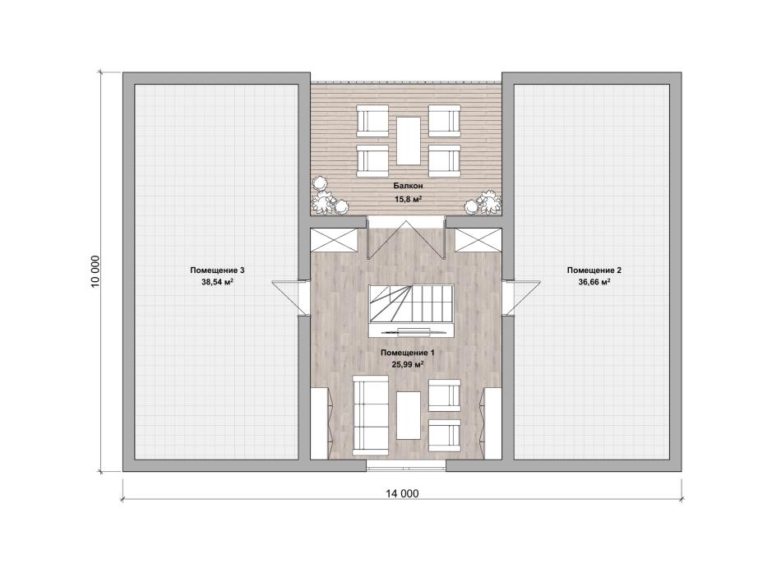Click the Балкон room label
(x=408, y=186)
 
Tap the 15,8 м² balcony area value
(x=409, y=199)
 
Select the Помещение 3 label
(x=217, y=270)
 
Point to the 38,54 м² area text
(x=217, y=282)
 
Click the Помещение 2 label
(x=594, y=270)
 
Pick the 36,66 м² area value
(x=594, y=282)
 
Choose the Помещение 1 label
(x=408, y=353)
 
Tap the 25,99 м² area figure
(x=408, y=364)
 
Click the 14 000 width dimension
(x=402, y=494)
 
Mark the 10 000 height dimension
(x=95, y=271)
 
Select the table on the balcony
(x=409, y=141)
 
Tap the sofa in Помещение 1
(x=371, y=415)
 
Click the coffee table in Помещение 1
(x=409, y=415)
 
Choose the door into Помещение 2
(x=521, y=298)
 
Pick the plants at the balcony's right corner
(x=483, y=203)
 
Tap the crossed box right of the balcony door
(x=478, y=240)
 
